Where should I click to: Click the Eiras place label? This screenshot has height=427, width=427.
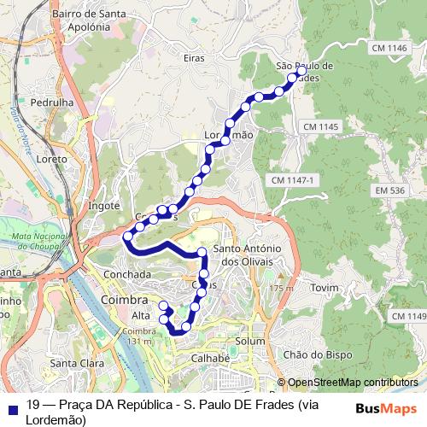pos(194,57)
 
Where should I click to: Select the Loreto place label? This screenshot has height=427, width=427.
pos(52,159)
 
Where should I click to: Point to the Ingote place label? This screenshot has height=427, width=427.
pos(105,206)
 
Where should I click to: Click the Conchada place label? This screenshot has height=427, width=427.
pos(126,275)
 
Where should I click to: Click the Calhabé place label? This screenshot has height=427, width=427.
pos(211,359)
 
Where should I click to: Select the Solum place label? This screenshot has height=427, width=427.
pos(250,341)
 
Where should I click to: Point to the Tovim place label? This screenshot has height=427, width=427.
pos(325,288)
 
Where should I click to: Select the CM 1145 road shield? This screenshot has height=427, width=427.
pos(320,126)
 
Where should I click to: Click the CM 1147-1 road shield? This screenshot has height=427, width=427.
pos(293,180)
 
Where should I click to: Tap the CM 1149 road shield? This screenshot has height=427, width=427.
pos(408,317)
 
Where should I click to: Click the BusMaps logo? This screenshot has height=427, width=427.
pos(386,408)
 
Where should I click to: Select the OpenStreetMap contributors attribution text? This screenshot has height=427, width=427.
pos(353,383)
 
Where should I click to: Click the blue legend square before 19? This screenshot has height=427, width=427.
pos(12,408)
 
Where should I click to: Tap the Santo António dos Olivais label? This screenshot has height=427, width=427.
pos(249,254)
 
